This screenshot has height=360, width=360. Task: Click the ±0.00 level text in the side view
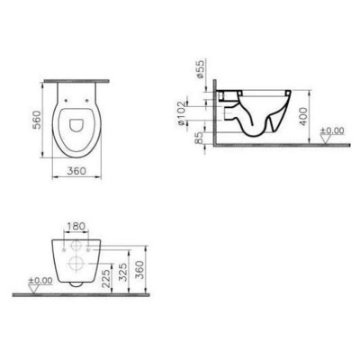coord(333,132)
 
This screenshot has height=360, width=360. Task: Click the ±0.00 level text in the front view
coord(40,281)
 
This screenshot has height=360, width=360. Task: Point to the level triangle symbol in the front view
coord(34,288)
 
